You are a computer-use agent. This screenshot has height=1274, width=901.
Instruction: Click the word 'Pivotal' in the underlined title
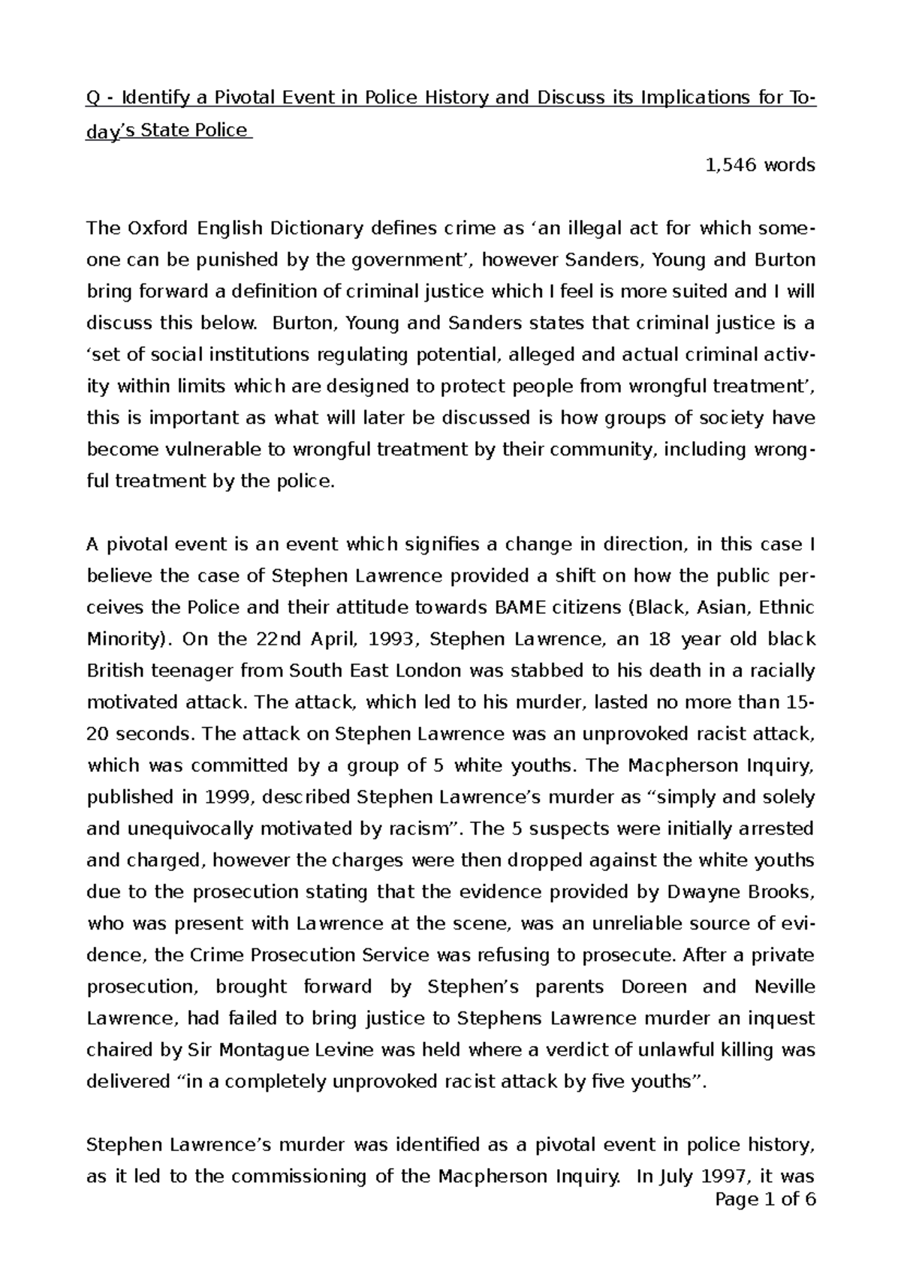[x=249, y=98]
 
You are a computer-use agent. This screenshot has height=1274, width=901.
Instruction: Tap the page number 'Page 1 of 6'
[x=765, y=1220]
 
